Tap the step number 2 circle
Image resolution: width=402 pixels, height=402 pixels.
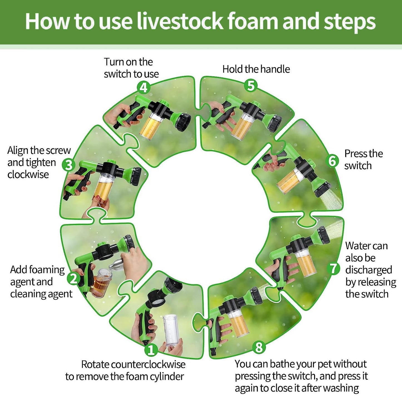tap(73, 278)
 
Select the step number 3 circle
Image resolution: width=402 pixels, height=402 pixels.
tap(69, 165)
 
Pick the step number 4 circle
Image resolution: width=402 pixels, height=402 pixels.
tap(144, 87)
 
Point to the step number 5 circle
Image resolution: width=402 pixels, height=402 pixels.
tap(251, 85)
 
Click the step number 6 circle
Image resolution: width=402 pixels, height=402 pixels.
tap(332, 161)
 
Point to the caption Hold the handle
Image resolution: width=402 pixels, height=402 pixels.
tap(256, 69)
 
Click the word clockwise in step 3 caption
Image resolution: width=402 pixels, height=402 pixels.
tap(28, 174)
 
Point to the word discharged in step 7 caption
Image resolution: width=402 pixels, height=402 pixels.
tap(369, 270)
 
